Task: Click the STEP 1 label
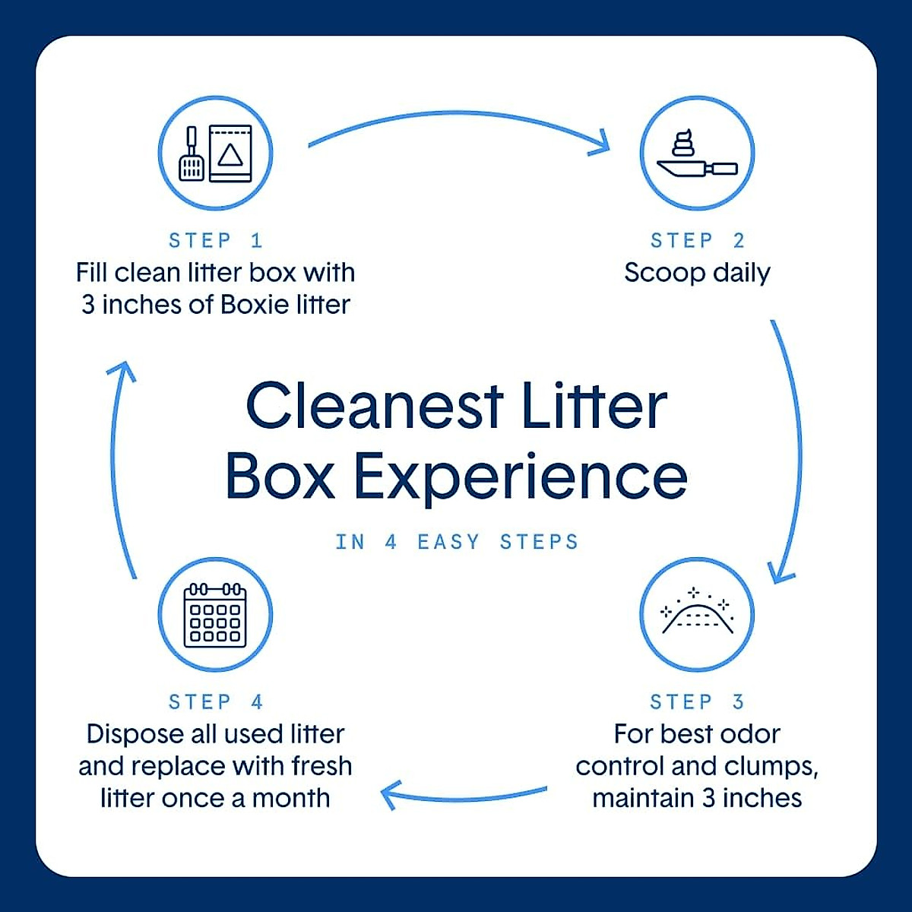coord(215,241)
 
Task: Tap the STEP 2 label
coord(697,241)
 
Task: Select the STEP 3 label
coord(697,701)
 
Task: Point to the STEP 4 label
coord(215,701)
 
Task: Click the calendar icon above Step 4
coord(215,615)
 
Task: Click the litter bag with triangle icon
coord(230,154)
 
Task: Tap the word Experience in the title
coord(521,477)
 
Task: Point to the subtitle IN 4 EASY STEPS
coord(457,542)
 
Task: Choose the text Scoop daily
coord(697,273)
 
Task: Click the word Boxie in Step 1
coord(256,305)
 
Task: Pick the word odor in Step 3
coord(749,734)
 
